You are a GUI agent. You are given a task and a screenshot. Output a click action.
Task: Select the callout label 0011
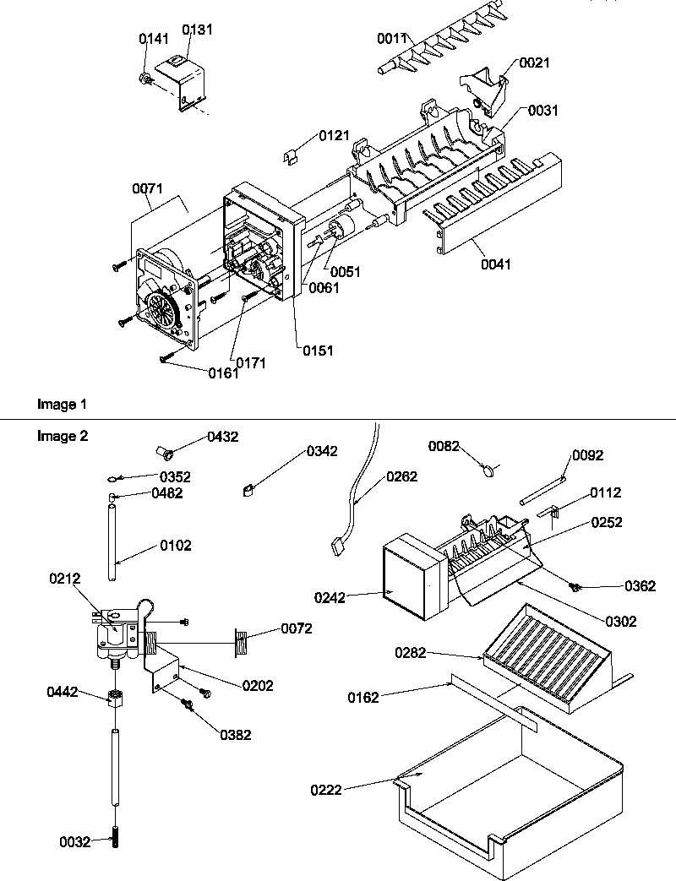tap(393, 38)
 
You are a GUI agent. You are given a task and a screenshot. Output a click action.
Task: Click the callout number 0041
tap(498, 264)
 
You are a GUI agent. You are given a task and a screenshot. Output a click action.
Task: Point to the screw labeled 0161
tap(166, 360)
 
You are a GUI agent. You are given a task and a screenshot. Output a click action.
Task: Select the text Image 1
tap(62, 405)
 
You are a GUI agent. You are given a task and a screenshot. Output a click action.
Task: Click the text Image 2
tap(62, 436)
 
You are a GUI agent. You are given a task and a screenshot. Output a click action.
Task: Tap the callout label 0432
tap(223, 437)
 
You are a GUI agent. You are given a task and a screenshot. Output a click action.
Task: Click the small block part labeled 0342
tap(248, 487)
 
